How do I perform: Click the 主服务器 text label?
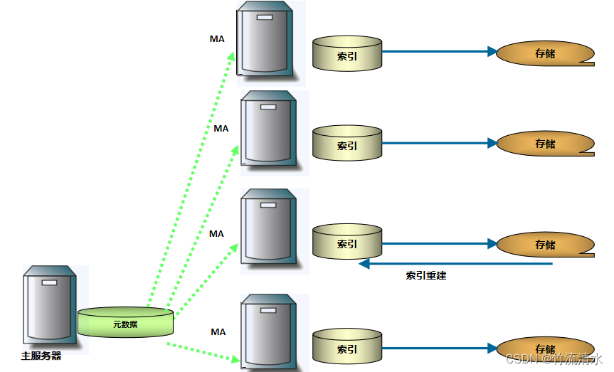click(41, 356)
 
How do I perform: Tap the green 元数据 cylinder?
click(125, 323)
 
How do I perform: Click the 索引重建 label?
click(425, 275)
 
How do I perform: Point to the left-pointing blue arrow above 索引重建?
click(455, 264)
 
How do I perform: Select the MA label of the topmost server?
click(217, 39)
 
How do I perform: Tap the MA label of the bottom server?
click(218, 332)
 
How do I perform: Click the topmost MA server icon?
click(266, 40)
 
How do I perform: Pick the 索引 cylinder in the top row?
click(347, 54)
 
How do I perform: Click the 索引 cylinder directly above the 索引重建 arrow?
click(347, 242)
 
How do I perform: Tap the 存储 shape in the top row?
click(545, 53)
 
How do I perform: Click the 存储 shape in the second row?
click(545, 144)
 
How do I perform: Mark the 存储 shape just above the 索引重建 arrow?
click(545, 245)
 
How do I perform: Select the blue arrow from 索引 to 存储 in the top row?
click(438, 52)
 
